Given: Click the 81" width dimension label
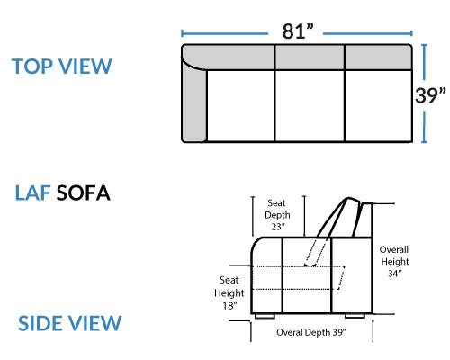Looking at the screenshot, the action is tap(298, 31).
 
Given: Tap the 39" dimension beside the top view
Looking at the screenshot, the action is tap(430, 95).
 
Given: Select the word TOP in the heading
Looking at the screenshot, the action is tap(32, 67).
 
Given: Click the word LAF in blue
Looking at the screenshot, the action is tap(32, 193).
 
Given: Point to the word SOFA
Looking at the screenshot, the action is tap(84, 193).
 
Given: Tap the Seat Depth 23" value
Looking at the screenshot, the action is tap(278, 227).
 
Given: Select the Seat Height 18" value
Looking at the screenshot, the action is tap(229, 306).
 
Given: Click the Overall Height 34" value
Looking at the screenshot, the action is tap(395, 274).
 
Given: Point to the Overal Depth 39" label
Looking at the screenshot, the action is tap(311, 332).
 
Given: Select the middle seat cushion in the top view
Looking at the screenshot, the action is tap(310, 105).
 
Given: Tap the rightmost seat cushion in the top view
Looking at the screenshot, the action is tap(378, 105).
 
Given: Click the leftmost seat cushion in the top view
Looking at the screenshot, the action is tap(240, 105).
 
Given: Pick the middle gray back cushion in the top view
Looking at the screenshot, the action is tap(310, 58).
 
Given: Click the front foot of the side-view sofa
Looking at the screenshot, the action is tap(265, 316).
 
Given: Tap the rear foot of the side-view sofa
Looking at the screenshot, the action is tap(355, 316).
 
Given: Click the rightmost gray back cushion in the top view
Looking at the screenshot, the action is tap(378, 58).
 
